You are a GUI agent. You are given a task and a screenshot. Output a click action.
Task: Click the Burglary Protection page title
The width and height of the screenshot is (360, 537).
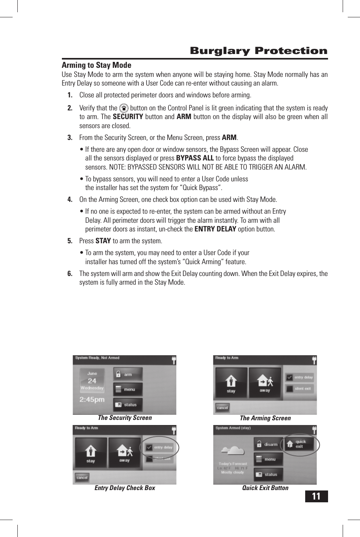[258, 51]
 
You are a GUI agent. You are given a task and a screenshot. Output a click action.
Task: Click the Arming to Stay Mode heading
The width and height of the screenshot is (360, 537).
[96, 65]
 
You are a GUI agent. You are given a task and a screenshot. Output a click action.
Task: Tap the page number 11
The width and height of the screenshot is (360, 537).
[316, 496]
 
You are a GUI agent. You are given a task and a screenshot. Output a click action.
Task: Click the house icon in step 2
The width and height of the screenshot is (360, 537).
[124, 108]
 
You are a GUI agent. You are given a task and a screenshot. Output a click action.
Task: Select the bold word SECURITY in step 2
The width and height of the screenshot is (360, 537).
[128, 117]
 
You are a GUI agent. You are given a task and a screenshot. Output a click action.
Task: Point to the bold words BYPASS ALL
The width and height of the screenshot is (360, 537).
[195, 158]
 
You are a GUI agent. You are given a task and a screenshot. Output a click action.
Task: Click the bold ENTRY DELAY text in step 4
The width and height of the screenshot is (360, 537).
[215, 229]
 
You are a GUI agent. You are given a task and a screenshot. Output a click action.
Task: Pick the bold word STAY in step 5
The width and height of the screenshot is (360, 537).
[103, 241]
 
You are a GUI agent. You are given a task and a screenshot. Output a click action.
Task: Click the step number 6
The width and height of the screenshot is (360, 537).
[70, 274]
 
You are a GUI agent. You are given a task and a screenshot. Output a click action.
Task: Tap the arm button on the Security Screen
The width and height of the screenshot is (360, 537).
[128, 375]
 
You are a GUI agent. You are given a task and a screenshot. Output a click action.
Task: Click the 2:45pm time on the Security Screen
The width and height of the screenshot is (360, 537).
[92, 399]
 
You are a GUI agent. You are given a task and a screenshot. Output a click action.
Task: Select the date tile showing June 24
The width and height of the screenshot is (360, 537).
[92, 380]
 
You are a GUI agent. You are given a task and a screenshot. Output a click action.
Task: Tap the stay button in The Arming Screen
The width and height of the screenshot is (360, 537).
[231, 383]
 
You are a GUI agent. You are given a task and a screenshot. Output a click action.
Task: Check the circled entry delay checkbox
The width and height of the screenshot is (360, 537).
[149, 447]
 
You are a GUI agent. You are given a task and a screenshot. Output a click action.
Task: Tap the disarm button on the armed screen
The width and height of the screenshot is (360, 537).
[268, 444]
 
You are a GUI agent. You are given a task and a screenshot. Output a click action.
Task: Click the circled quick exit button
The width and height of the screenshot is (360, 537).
[299, 444]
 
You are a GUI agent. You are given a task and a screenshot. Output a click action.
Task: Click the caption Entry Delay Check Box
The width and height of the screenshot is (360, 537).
[125, 488]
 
